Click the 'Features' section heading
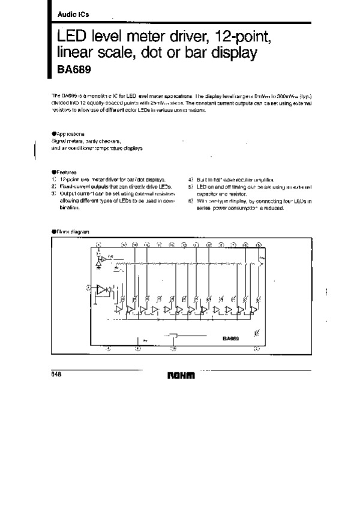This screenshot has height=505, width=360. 65,172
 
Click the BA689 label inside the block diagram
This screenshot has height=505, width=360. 231,338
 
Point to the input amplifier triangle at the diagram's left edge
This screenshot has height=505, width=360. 101,289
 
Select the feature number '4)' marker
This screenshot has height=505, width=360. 190,180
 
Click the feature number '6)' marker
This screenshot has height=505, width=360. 190,201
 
